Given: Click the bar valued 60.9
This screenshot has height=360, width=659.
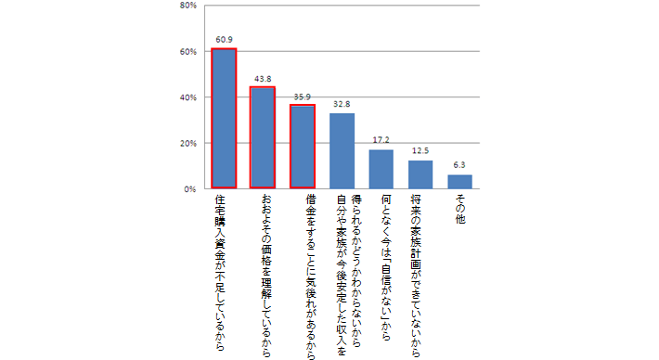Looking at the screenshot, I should point(224,119).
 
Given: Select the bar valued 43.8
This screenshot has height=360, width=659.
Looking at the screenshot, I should point(264,138).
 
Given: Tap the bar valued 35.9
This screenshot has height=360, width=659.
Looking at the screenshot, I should point(303,147).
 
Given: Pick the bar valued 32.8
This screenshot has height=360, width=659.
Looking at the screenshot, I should point(342,151).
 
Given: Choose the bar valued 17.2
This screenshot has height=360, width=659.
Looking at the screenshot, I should point(381,169).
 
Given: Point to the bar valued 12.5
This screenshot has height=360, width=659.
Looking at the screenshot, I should point(420,174).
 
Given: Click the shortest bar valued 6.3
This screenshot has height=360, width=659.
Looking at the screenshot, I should point(459,182).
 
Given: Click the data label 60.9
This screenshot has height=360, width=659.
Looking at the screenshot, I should point(224,40).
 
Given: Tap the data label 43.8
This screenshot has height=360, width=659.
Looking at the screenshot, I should point(264,79).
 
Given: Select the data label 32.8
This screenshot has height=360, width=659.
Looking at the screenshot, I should point(342,105).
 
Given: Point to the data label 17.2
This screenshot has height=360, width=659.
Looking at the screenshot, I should point(381,140).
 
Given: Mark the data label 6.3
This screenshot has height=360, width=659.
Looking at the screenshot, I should point(459,165).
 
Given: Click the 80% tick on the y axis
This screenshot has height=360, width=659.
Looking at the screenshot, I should point(186,6).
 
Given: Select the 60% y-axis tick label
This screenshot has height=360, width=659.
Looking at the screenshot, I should point(186,52).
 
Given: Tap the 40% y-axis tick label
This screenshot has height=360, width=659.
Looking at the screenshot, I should point(186,97).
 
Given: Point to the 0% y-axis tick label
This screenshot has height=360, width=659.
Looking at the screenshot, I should point(188,189).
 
